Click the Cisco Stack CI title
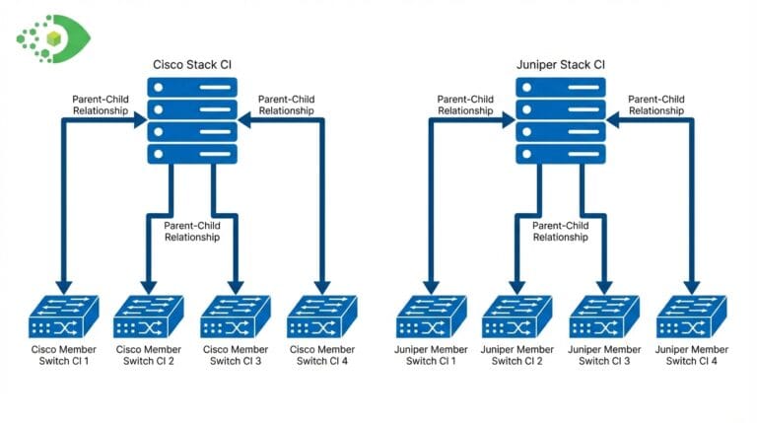[193, 65]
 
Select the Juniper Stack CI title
[561, 65]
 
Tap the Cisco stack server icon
[192, 120]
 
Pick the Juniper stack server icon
[560, 120]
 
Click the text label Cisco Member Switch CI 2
[147, 355]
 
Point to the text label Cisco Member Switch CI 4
[321, 355]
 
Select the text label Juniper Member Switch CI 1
[430, 355]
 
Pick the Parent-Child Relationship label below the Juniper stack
[560, 231]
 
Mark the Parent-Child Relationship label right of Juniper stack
[656, 105]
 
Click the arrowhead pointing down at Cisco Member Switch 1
[61, 285]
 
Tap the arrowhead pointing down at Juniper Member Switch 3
[604, 285]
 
